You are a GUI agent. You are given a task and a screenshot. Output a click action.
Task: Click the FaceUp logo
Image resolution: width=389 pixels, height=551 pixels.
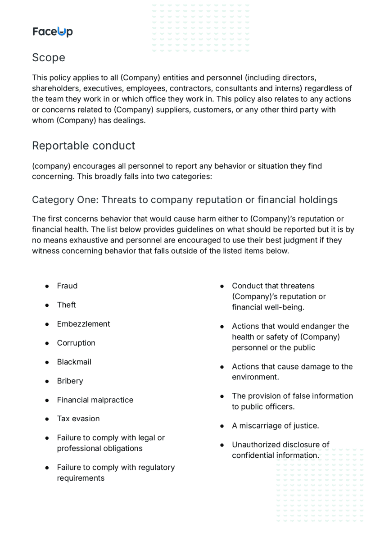coord(52,32)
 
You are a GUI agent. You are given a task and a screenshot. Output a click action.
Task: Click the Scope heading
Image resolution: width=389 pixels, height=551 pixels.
coord(49,58)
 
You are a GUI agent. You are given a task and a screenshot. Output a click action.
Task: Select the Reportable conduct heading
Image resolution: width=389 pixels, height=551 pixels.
coord(83,146)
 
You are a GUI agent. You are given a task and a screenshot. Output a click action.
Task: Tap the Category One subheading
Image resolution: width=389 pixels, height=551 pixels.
coord(185,200)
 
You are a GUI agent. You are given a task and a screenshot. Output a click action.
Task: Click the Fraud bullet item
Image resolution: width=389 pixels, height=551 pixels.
coord(67,286)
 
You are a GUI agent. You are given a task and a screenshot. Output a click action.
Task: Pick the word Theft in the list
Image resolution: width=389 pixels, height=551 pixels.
coord(66,305)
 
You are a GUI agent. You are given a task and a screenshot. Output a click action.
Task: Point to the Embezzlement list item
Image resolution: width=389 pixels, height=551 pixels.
coord(83,324)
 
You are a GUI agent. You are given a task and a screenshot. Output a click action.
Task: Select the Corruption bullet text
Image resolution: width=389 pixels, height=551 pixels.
coord(76,343)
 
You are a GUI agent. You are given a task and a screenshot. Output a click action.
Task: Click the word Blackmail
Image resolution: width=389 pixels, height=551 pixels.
coord(74,362)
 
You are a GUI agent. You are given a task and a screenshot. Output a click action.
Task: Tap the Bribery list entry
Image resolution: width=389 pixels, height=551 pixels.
coord(70,381)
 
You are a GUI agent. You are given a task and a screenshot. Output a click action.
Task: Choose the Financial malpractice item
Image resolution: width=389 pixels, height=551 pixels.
coord(95,400)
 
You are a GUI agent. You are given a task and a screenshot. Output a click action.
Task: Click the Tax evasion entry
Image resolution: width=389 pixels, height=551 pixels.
coord(78,419)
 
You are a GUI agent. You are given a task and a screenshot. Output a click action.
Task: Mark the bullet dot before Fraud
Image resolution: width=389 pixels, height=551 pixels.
coord(47,286)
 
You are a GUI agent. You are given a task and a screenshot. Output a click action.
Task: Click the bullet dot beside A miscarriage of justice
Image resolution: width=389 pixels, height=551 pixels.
coord(222,426)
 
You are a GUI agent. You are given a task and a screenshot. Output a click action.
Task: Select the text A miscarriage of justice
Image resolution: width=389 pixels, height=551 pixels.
coord(275,426)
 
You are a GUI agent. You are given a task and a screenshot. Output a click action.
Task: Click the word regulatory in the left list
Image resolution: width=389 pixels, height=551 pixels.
coord(157,467)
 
